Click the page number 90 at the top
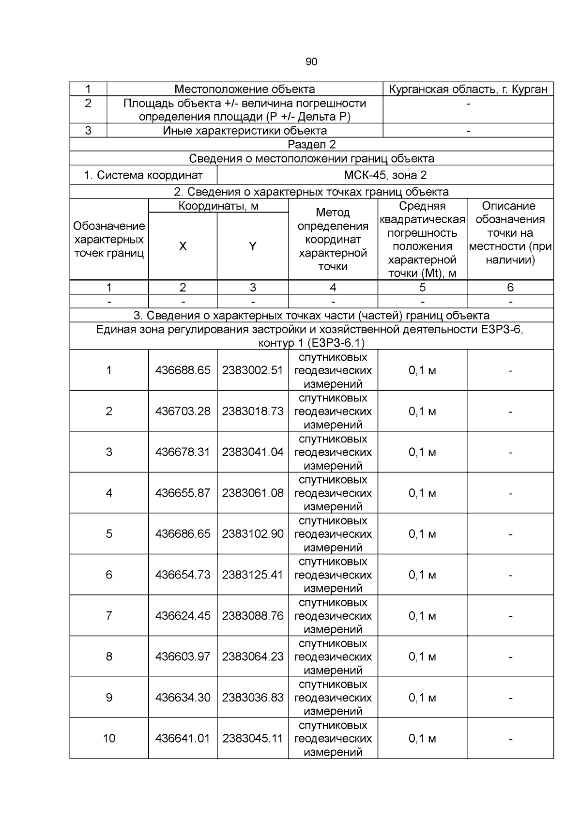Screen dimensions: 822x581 (x=311, y=62)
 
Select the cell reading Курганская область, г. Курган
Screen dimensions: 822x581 (x=468, y=90)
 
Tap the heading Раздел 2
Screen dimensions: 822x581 (x=311, y=145)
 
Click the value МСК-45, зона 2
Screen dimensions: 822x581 (x=385, y=175)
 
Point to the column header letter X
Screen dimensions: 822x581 (x=183, y=246)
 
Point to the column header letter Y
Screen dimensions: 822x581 (x=252, y=246)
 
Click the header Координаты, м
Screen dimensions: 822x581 (x=218, y=206)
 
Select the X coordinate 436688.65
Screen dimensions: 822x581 (x=183, y=371)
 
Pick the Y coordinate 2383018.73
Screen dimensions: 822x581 (x=252, y=411)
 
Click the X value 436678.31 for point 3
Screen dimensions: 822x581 (x=183, y=452)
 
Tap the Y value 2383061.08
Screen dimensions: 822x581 (x=252, y=493)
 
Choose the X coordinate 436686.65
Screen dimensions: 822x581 (x=183, y=534)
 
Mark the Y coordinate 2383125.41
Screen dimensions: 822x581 (x=252, y=575)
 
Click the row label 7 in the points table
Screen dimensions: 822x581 (x=109, y=616)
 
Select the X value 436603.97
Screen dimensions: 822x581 (x=183, y=657)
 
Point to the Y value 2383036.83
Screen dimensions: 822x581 (x=252, y=698)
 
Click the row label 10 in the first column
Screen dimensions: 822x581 (x=109, y=739)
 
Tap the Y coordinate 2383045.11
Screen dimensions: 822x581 (x=252, y=739)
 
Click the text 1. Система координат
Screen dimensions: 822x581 (x=143, y=175)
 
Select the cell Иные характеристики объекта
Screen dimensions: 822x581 (x=245, y=131)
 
